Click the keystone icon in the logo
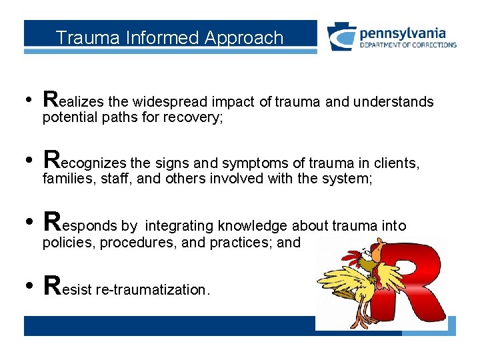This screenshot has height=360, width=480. click(x=341, y=37)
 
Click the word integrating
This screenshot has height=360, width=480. click(x=179, y=226)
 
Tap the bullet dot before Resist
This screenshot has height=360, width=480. click(x=29, y=287)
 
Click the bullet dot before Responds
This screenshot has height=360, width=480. click(x=29, y=223)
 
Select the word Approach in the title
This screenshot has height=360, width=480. click(x=244, y=38)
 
